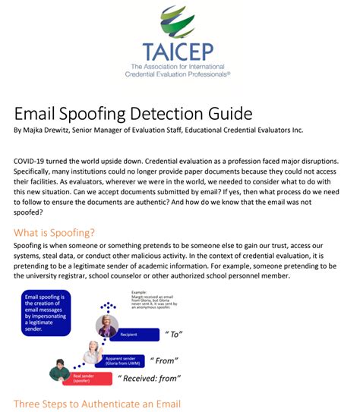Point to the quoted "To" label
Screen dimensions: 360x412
(174, 333)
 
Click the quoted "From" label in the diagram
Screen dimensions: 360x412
(166, 360)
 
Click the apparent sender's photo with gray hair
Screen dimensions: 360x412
(93, 352)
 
